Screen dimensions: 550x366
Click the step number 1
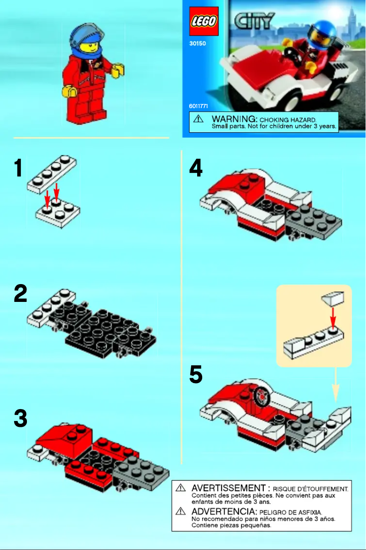pos(18,168)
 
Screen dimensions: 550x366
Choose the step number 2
pos(20,294)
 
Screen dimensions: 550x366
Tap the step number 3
pos(20,418)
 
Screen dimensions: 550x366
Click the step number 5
pos(196,375)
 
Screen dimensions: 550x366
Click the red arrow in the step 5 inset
pos(333,317)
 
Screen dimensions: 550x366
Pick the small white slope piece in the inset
pos(332,299)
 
